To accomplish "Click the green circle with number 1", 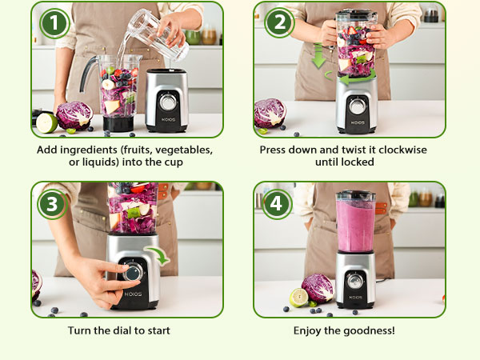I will pos(54,24).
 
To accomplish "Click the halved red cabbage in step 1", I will pos(73,115).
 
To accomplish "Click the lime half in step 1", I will pos(47,122).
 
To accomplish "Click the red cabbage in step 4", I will pos(318,288).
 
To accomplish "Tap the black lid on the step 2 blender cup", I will pos(356,15).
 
